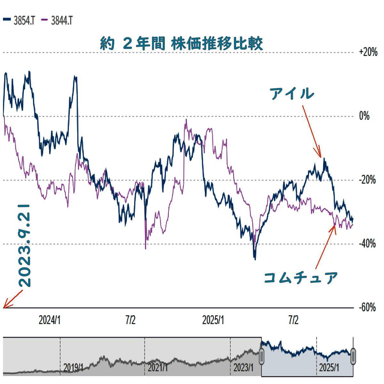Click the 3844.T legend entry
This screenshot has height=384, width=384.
click(x=57, y=21)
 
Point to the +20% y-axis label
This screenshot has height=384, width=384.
click(x=368, y=52)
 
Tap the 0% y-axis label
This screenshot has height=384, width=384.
click(x=364, y=116)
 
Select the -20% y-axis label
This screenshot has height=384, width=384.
click(x=367, y=180)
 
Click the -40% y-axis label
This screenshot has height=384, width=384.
click(x=367, y=244)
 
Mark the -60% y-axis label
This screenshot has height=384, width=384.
click(x=367, y=308)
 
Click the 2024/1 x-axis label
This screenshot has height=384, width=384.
click(x=50, y=320)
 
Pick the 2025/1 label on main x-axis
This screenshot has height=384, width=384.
click(x=213, y=320)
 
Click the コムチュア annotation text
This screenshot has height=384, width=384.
click(x=301, y=277)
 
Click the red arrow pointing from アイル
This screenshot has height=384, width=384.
click(x=311, y=131)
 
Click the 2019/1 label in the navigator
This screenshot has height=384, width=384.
click(x=73, y=367)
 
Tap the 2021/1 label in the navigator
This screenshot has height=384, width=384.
click(x=157, y=367)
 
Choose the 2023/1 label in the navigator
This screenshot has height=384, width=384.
click(x=243, y=367)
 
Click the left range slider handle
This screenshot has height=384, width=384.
click(x=261, y=356)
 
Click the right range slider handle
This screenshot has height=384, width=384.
click(x=353, y=356)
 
